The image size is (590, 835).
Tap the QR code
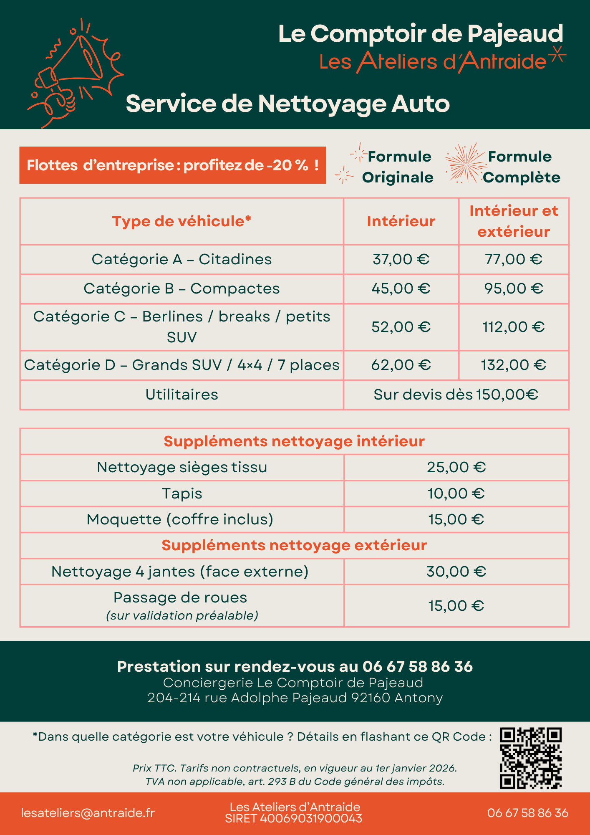click(531, 758)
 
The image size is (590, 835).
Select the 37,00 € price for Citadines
click(401, 259)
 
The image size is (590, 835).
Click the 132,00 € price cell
click(513, 365)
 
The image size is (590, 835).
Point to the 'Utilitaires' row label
click(182, 395)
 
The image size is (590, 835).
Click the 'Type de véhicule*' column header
click(182, 221)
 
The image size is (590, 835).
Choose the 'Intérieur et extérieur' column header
click(514, 221)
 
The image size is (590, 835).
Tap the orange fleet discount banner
click(172, 165)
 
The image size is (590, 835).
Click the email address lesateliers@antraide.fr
click(88, 813)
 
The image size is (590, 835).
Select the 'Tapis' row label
click(182, 493)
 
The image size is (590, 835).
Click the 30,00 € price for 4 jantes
click(456, 572)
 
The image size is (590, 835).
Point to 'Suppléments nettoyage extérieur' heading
click(294, 545)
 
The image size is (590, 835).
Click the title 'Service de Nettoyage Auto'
click(287, 104)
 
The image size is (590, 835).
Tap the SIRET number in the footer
click(294, 819)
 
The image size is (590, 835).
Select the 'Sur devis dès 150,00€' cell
click(456, 395)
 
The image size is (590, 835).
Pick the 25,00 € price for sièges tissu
click(456, 467)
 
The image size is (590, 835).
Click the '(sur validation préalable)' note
click(182, 615)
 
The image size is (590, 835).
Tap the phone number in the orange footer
click(527, 813)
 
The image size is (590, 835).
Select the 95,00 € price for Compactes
click(513, 288)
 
